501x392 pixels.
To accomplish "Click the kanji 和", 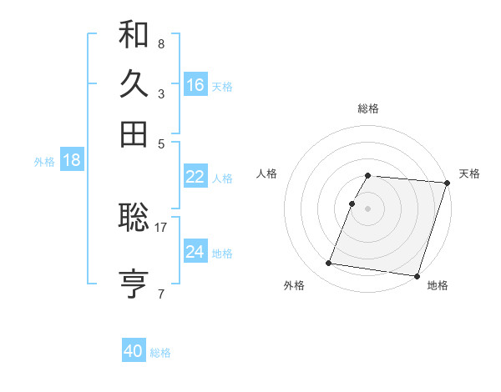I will tap(134, 35).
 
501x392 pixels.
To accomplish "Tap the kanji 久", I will tap(134, 84).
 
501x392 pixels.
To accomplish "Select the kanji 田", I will tap(134, 133).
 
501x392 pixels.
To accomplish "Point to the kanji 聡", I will tap(134, 218).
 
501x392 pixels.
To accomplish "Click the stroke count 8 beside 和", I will tap(160, 43).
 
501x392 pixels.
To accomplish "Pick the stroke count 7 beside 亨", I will tap(160, 294).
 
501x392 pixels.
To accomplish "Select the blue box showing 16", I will tap(195, 85).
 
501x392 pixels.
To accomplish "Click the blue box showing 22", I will tap(195, 177).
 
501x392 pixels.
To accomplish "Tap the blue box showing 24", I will tap(195, 252).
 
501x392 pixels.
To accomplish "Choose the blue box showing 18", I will tap(71, 161).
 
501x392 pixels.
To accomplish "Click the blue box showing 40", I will tap(134, 352).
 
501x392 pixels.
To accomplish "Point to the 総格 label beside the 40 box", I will tap(160, 353).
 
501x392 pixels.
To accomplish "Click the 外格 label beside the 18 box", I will tap(44, 162).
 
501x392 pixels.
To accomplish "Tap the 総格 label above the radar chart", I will tap(368, 108).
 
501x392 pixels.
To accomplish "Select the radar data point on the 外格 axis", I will tap(328, 264).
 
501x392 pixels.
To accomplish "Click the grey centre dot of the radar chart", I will tap(368, 209).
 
